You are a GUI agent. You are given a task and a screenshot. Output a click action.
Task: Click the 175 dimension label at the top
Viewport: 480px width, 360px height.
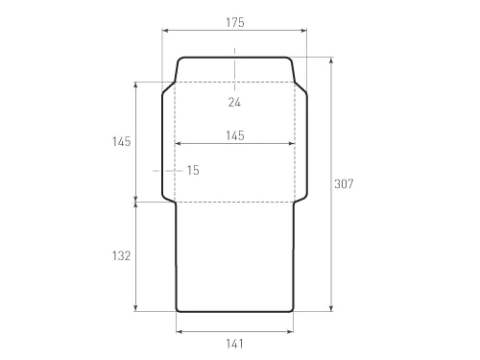[x=235, y=22]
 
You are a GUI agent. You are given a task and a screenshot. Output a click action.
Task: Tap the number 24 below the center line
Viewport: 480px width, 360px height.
[x=234, y=102]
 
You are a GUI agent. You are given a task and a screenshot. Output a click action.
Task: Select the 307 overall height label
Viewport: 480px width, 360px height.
[x=344, y=183]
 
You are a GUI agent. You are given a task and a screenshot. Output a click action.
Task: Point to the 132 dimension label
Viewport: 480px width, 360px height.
[x=122, y=255]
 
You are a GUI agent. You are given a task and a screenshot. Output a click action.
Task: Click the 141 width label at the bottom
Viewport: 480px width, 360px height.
[x=234, y=344]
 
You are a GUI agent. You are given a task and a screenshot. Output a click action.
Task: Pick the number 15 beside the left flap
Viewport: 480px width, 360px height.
[x=193, y=170]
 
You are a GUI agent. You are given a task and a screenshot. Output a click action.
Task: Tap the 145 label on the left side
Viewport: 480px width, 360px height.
[x=122, y=141]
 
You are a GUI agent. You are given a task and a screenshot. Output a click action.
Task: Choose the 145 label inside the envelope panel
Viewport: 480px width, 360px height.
[x=235, y=135]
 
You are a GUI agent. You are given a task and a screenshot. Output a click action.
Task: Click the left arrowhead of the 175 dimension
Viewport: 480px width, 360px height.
[x=165, y=31]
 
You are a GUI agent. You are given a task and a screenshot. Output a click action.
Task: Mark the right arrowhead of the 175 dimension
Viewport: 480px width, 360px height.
[x=303, y=31]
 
